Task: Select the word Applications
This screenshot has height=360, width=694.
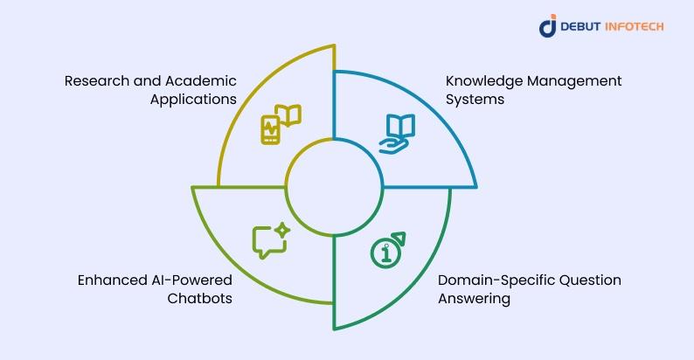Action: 193,100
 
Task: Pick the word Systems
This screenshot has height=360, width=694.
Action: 475,100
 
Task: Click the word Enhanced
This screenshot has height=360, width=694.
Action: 106,280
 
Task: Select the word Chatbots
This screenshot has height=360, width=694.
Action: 199,299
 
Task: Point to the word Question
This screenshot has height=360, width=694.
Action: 591,280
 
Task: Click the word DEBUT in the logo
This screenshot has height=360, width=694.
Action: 580,26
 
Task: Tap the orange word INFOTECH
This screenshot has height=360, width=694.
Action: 635,26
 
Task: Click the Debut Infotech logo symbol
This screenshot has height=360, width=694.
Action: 548,25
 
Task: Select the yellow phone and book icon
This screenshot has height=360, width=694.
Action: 281,124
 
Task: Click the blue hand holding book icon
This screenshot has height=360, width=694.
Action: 397,134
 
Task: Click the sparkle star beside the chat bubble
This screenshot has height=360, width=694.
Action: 282,231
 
